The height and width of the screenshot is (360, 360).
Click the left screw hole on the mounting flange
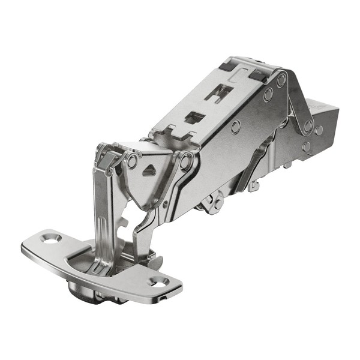(51, 238)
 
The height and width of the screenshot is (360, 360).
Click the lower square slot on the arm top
(193, 117)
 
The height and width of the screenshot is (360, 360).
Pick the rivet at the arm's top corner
(281, 78)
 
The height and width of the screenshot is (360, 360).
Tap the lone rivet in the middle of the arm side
(236, 127)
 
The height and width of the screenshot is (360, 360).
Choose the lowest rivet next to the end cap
(307, 146)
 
